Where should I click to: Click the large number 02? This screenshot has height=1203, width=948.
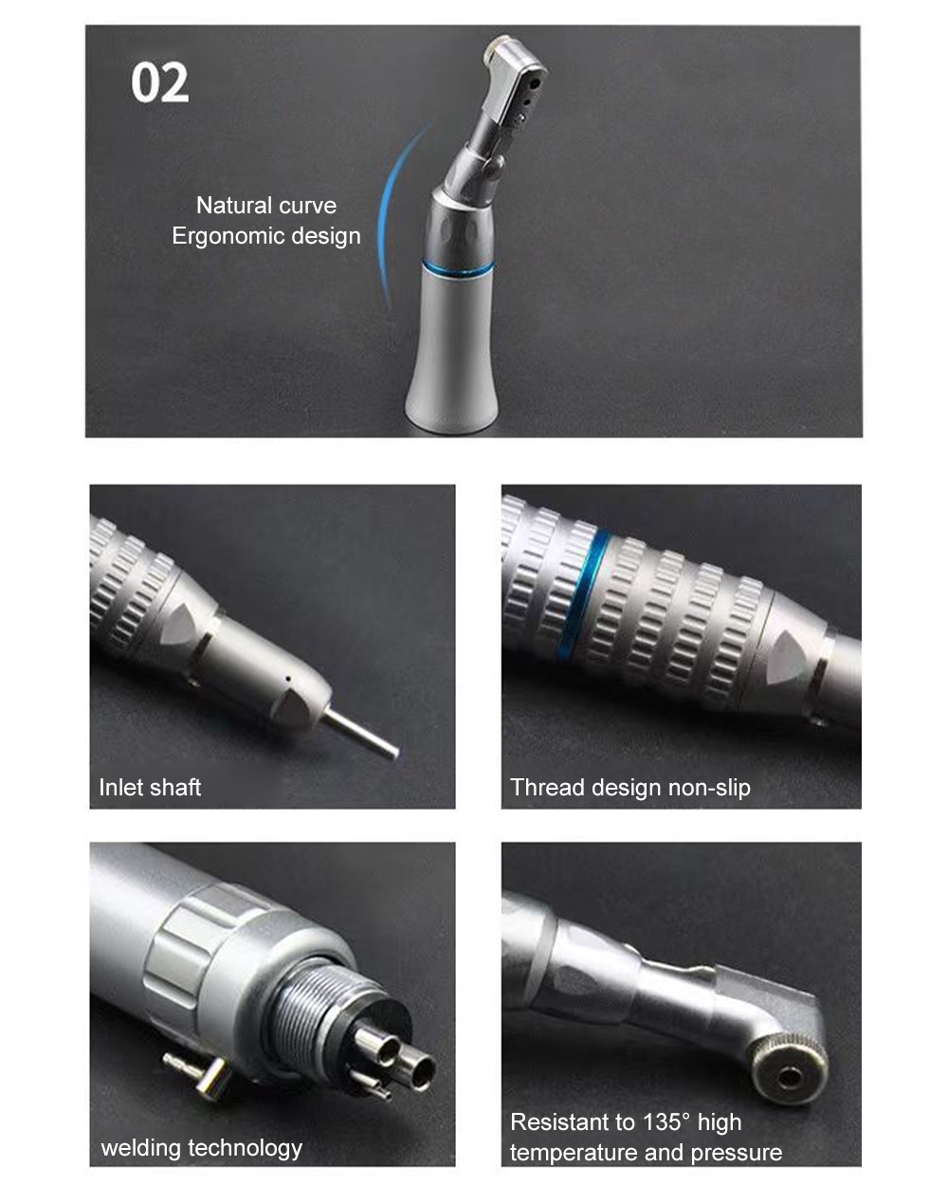[x=160, y=82]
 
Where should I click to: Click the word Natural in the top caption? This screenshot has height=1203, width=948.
[x=231, y=206]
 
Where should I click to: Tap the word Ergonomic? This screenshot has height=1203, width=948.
[x=228, y=236]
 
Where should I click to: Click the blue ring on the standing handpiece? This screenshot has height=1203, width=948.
[x=458, y=267]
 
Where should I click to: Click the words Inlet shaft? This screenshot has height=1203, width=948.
[x=150, y=788]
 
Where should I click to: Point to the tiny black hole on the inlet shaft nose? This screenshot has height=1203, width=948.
[x=288, y=680]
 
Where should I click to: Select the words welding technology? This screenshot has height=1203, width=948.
[x=201, y=1148]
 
